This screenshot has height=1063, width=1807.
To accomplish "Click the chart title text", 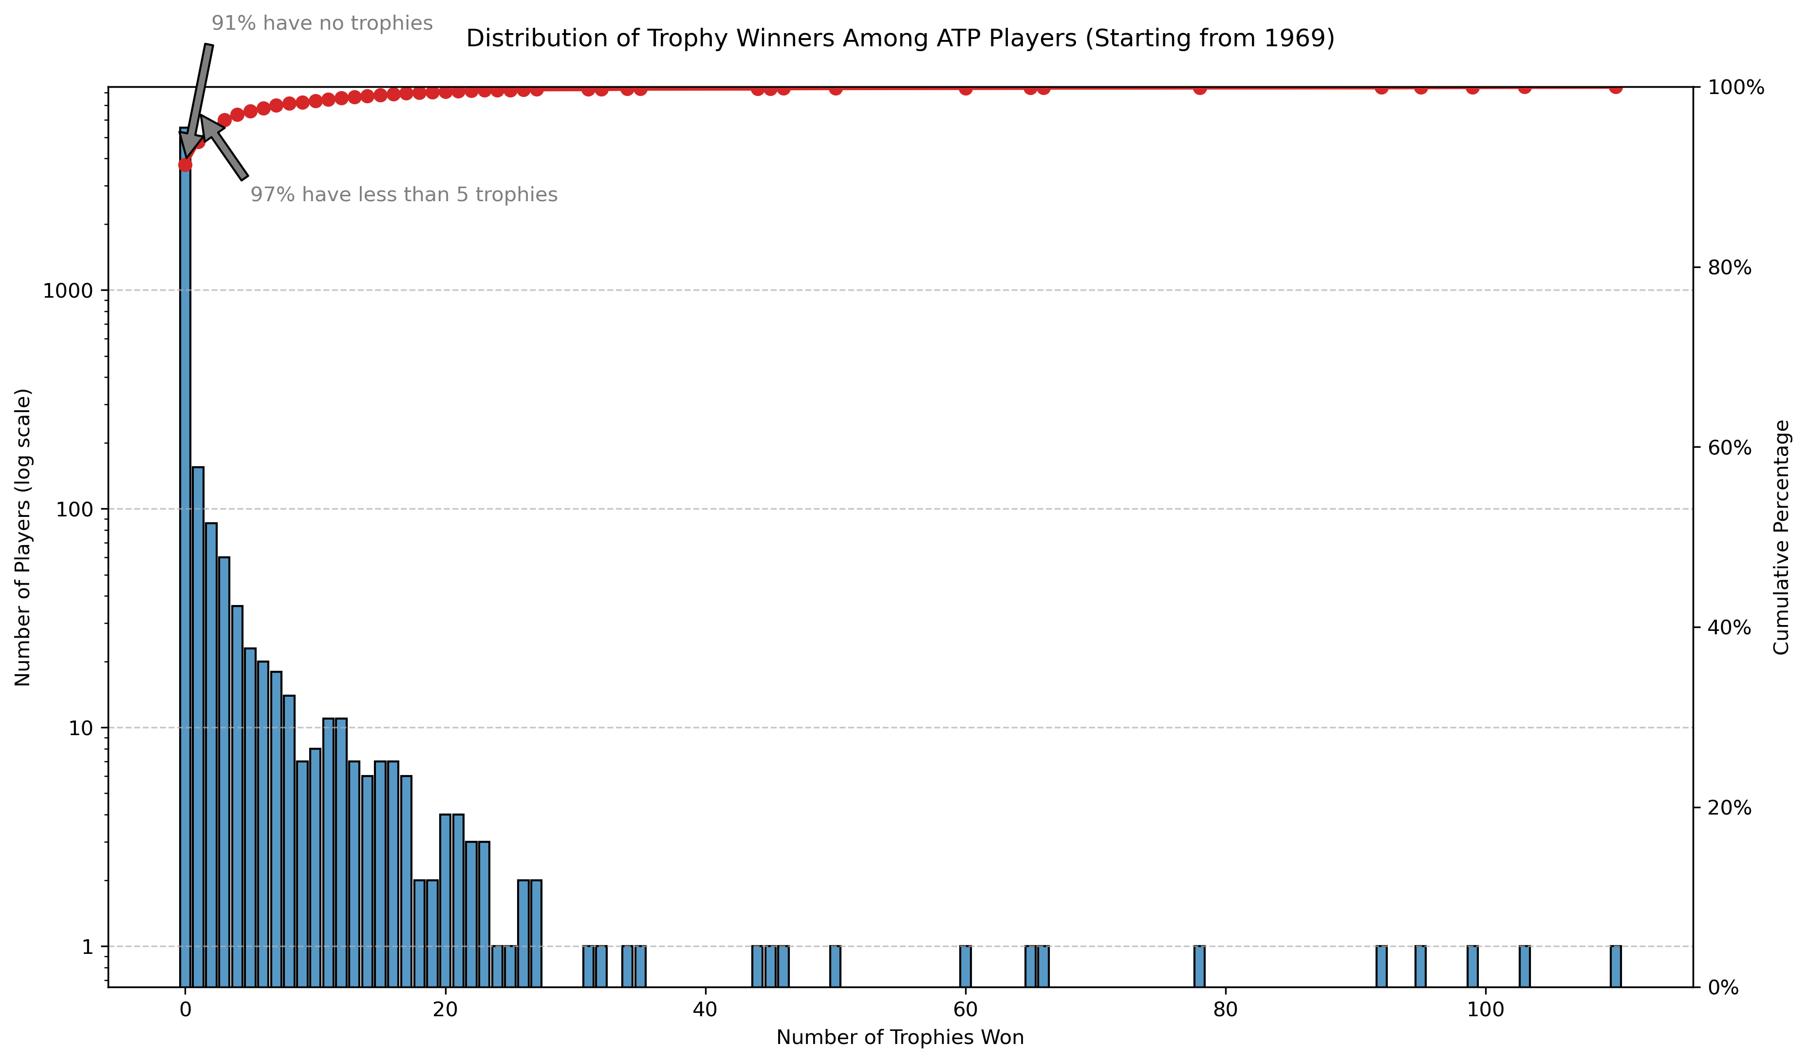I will click(x=900, y=39).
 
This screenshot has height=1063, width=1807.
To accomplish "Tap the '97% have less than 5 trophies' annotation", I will click(x=404, y=195).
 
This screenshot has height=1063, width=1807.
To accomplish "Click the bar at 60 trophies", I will click(x=965, y=966).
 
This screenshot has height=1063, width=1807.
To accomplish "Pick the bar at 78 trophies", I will click(x=1199, y=966).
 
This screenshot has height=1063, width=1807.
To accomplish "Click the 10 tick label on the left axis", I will click(x=81, y=728).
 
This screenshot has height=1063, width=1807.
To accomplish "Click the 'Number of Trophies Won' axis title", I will click(x=900, y=1038).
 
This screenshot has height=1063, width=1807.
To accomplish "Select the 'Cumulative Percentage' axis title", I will click(x=1781, y=537).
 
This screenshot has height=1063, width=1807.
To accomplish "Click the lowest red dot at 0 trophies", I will click(x=185, y=165).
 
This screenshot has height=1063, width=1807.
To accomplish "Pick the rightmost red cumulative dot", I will click(x=1616, y=88).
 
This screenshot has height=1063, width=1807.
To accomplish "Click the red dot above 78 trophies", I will click(x=1199, y=88).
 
